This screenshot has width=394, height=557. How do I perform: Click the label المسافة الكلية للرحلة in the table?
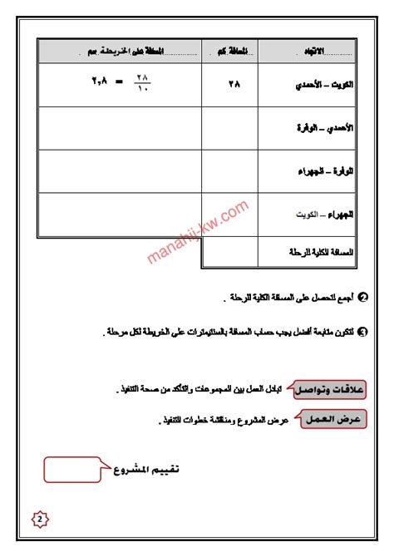click(x=319, y=250)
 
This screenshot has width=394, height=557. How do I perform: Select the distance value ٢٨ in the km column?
click(x=230, y=84)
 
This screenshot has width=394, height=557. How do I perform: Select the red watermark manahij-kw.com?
click(x=199, y=230)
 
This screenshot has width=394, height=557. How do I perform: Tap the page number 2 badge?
click(x=40, y=520)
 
